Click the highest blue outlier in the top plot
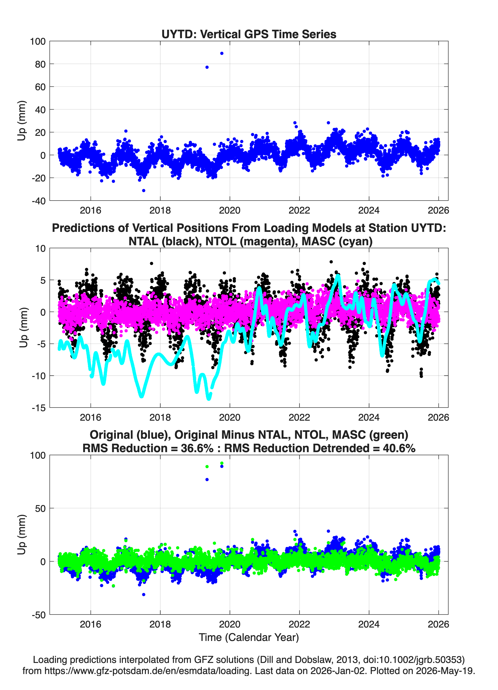tap(222, 53)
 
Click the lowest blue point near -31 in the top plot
tap(144, 190)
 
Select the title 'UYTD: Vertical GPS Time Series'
tap(249, 34)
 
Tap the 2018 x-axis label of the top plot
tap(160, 210)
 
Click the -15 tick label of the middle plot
tap(39, 408)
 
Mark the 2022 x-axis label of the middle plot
tap(299, 417)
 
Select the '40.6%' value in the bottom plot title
tap(399, 448)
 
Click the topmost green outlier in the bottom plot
tap(222, 463)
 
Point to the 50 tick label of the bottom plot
tap(40, 508)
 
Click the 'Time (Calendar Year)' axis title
tap(249, 637)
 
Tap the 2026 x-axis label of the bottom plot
tap(438, 624)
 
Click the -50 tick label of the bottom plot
tap(39, 615)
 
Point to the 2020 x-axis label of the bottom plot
tap(230, 624)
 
